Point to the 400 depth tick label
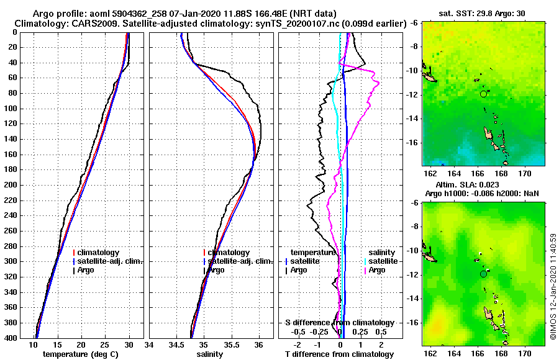point(10,338)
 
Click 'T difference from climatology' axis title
point(339,354)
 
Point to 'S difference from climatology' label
point(339,323)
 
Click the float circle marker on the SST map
point(483,94)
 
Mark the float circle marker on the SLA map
point(483,274)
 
